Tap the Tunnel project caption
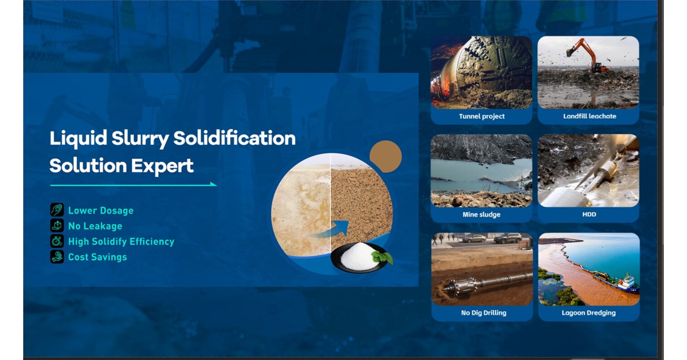pyautogui.click(x=481, y=116)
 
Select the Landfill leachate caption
pyautogui.click(x=589, y=116)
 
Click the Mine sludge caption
pyautogui.click(x=481, y=214)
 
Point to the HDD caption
pyautogui.click(x=589, y=214)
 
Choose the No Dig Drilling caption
pyautogui.click(x=483, y=313)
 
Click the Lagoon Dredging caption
pyautogui.click(x=589, y=313)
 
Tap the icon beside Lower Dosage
pyautogui.click(x=57, y=210)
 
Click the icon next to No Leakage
pyautogui.click(x=57, y=226)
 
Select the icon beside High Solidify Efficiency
pyautogui.click(x=57, y=241)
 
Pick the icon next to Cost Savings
pyautogui.click(x=57, y=256)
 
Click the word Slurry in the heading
pyautogui.click(x=140, y=138)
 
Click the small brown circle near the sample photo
pyautogui.click(x=385, y=157)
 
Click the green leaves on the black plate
pyautogui.click(x=382, y=257)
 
